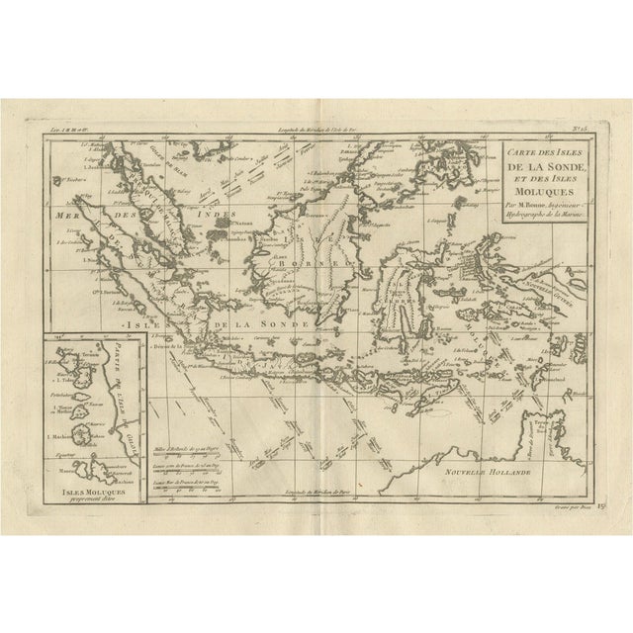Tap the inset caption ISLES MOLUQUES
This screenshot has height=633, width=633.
[91, 492]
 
